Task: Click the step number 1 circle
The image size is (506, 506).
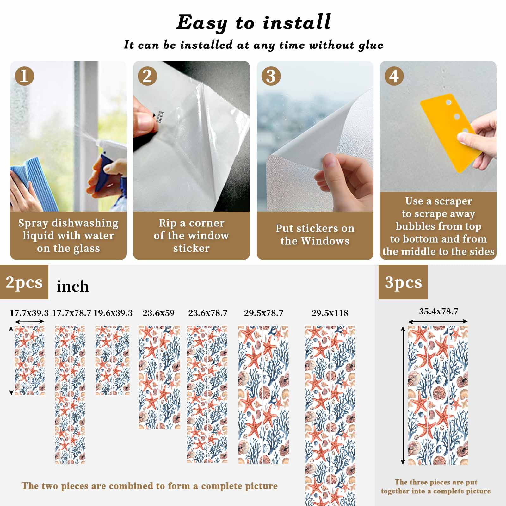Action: click(24, 76)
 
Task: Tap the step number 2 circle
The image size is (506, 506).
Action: click(147, 76)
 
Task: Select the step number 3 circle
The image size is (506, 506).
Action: click(271, 76)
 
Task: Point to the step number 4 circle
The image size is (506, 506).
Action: click(394, 76)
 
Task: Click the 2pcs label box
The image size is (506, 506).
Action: click(24, 282)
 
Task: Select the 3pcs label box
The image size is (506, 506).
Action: click(403, 282)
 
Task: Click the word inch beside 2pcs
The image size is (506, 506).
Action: click(73, 287)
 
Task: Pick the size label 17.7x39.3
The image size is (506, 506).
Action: click(29, 313)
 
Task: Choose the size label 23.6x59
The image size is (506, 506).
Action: click(158, 313)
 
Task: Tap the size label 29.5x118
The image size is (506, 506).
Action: click(330, 313)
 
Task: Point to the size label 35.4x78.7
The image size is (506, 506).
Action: click(438, 312)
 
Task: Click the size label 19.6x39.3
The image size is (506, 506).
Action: click(113, 313)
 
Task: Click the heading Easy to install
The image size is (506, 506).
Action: click(254, 23)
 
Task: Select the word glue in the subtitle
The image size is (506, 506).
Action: click(371, 45)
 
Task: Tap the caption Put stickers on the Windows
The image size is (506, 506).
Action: click(315, 235)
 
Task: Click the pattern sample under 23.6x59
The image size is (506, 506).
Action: click(159, 378)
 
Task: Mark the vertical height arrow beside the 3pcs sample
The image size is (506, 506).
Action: click(403, 395)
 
